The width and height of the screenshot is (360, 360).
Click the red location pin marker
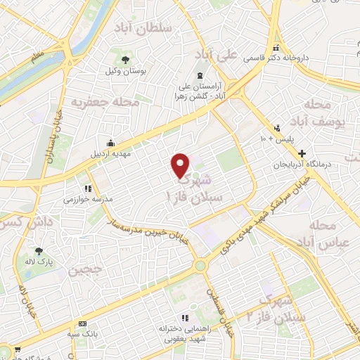(181, 165)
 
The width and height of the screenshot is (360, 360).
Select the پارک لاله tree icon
(39, 251)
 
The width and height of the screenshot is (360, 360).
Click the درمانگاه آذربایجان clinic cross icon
(302, 153)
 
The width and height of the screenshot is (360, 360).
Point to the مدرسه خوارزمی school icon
(88, 188)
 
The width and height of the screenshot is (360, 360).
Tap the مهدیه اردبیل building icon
(110, 143)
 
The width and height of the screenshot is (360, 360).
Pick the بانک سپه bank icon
(83, 323)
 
